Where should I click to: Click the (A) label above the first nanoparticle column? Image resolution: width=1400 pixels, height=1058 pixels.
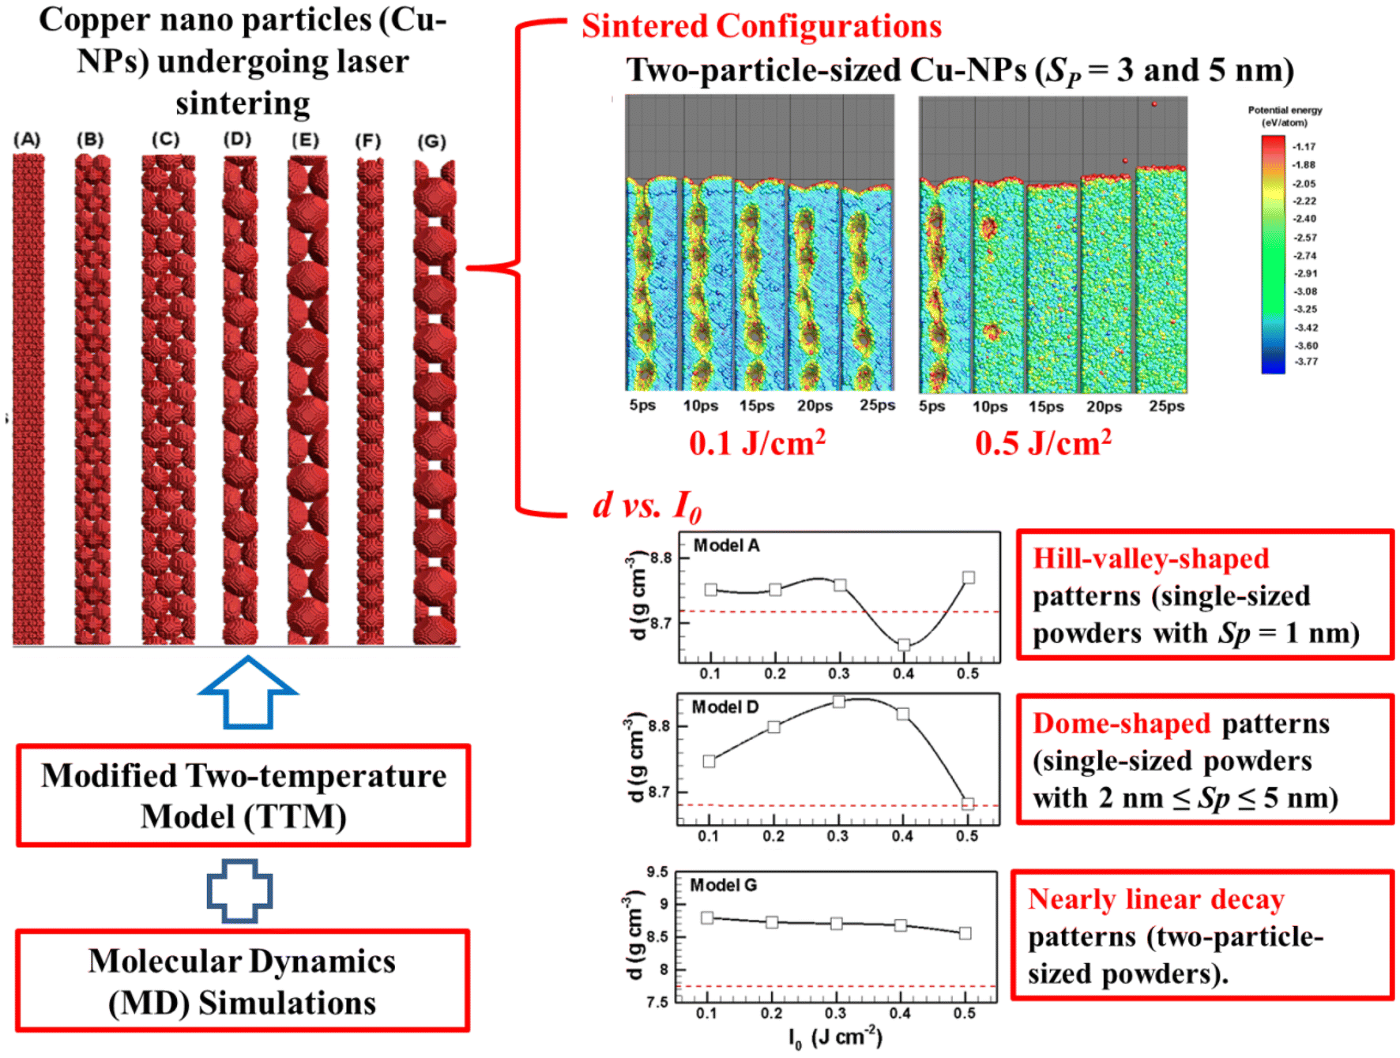pos(27,140)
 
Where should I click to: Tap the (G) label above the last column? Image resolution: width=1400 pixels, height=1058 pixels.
pos(431,141)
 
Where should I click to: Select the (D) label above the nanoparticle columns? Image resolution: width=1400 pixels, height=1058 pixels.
pos(237,139)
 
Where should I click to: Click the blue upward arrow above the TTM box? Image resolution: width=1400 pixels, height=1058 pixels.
pos(248,692)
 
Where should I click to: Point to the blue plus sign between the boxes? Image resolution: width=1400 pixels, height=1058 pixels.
pos(240,891)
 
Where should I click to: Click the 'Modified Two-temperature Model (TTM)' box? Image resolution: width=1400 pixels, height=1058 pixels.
pos(243,795)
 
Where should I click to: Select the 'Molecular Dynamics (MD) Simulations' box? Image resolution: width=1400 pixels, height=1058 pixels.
pos(243,981)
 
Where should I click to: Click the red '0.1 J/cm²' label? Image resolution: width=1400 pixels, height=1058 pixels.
pos(757,442)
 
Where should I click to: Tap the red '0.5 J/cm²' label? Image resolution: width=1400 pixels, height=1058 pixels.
pos(1043,442)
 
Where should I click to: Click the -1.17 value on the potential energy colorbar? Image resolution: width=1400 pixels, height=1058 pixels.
pos(1304,147)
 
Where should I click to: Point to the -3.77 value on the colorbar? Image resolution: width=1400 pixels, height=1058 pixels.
pos(1304,362)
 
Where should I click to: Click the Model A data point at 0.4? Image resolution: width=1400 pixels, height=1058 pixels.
pos(904,645)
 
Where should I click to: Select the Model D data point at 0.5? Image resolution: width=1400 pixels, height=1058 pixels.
pos(968,804)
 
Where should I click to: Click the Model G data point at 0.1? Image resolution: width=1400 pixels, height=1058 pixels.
pos(707,917)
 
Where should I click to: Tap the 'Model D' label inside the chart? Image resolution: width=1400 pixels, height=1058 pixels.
pos(724,707)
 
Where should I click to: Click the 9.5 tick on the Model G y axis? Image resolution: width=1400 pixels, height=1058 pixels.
pos(657,872)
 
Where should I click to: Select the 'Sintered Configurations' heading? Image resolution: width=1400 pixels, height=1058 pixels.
pos(762,26)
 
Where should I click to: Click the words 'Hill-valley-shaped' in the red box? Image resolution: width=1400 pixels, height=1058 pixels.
pos(1151,558)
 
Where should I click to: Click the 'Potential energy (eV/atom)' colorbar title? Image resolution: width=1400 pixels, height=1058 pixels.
pos(1285,116)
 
